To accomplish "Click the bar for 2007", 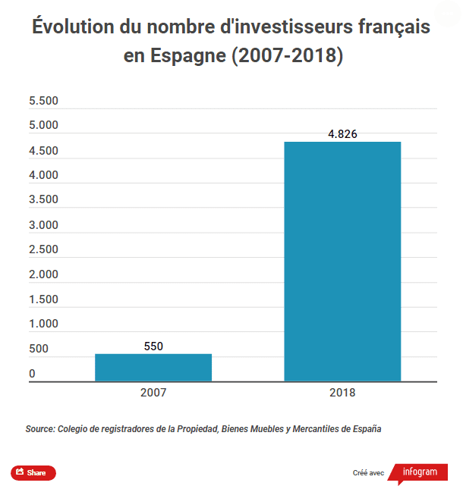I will coord(153,367).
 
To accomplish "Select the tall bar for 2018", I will coord(342,262).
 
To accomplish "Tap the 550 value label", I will coord(153,346).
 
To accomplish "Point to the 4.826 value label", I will coord(342,134).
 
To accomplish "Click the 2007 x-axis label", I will coord(153,393).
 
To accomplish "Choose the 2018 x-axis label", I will coord(342,393).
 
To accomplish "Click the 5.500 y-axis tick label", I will coord(43,102).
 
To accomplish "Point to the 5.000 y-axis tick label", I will coord(43,126).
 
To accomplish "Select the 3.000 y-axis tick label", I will coord(43,225).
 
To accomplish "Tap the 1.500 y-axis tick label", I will coord(43,299).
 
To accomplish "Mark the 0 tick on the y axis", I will coord(33,374).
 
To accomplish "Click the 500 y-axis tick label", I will coord(39,350).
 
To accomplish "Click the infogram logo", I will coord(420,472).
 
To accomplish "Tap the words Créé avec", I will coord(368,473).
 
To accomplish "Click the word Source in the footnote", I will coord(39,429).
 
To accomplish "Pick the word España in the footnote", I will coord(365,429).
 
